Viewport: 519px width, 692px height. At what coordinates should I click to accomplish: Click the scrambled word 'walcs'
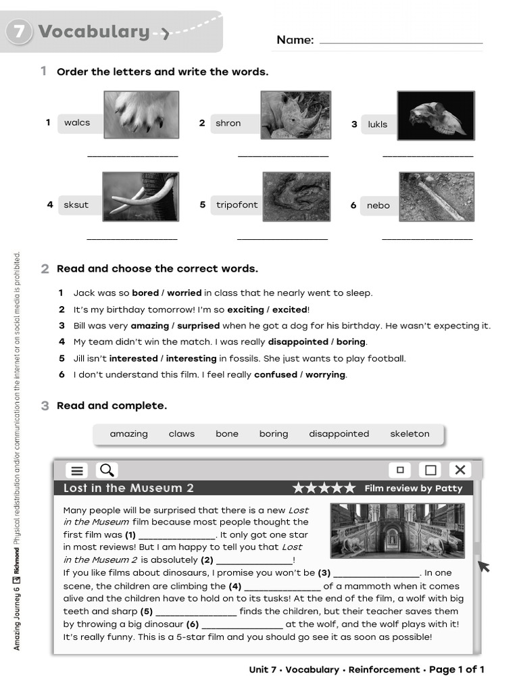click(77, 122)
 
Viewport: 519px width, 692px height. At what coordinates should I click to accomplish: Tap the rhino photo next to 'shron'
click(295, 115)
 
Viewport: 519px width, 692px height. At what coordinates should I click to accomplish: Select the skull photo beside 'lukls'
click(435, 115)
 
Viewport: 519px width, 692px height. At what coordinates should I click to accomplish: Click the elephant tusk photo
click(141, 197)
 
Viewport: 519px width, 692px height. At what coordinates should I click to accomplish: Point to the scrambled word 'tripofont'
click(237, 205)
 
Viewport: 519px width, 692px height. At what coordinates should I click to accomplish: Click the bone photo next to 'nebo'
click(436, 197)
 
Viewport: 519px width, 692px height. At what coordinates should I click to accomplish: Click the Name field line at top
click(401, 42)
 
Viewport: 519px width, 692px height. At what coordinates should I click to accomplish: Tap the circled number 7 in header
click(19, 32)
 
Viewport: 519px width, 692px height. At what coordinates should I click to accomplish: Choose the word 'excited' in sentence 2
click(289, 310)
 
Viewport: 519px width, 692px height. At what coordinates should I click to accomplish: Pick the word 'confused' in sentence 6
click(275, 374)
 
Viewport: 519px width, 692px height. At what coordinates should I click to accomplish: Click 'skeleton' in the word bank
click(410, 434)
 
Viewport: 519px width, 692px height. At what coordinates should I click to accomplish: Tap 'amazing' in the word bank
click(128, 434)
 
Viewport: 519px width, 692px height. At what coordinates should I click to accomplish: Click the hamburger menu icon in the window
click(78, 470)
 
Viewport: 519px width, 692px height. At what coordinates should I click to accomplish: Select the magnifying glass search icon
click(107, 470)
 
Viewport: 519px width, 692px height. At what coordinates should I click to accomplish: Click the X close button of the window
click(460, 470)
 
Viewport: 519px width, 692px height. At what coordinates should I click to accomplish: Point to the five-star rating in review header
click(324, 488)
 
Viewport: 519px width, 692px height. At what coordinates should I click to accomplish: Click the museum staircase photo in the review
click(397, 530)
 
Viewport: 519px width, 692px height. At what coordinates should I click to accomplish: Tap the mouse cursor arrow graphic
click(483, 565)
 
